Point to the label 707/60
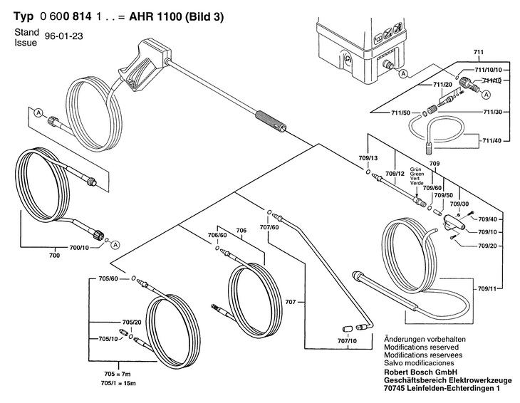[269, 227]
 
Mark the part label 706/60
[217, 236]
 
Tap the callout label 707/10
[347, 341]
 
